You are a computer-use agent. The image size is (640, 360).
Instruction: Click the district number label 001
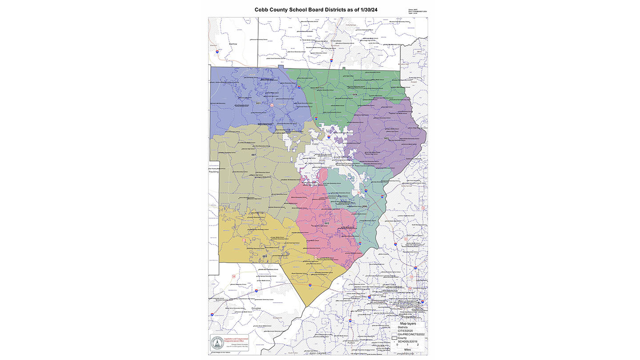click(x=258, y=104)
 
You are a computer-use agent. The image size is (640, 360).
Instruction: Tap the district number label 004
click(x=355, y=95)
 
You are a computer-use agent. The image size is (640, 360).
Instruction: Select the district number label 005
click(x=386, y=139)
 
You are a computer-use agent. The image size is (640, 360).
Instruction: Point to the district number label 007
click(x=253, y=155)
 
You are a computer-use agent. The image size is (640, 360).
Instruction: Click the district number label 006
click(x=364, y=207)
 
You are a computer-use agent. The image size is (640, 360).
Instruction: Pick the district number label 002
click(x=327, y=223)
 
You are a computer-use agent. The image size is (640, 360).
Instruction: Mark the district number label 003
click(x=265, y=256)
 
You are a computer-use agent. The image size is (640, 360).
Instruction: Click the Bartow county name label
click(x=233, y=44)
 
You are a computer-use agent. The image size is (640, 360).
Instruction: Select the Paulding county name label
click(x=214, y=172)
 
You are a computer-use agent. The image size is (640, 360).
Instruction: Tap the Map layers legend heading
click(x=408, y=324)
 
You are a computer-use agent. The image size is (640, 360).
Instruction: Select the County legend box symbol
click(x=394, y=339)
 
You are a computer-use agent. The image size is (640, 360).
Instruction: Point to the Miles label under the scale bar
click(x=408, y=350)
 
